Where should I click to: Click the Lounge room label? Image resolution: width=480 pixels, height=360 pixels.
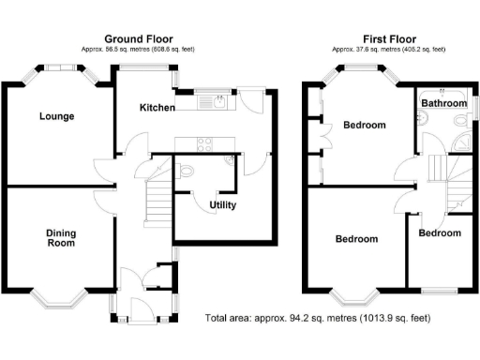pos(57,116)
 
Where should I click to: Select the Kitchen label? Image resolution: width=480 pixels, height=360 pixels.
pos(157,108)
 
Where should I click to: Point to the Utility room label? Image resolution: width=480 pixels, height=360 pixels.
pos(222,205)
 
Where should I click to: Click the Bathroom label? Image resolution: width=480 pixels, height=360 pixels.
pos(443,102)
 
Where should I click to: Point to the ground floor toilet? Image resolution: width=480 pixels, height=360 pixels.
pos(186,171)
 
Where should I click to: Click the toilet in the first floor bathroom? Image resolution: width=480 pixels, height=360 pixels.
pos(424,118)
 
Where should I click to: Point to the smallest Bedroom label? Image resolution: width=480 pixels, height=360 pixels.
pos(440,232)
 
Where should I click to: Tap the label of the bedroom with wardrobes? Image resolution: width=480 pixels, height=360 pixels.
pos(364,125)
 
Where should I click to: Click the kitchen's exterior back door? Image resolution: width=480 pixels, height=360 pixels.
pos(251,97)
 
